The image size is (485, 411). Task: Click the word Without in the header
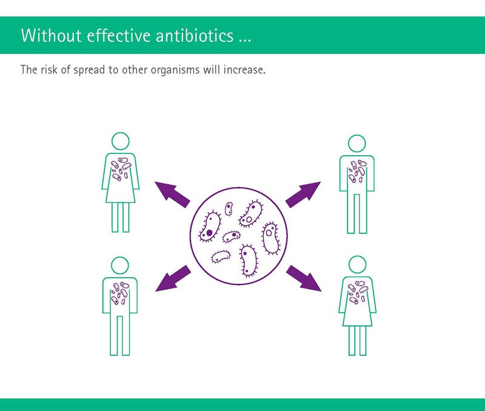tap(52, 35)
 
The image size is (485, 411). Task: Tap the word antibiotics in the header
tap(195, 35)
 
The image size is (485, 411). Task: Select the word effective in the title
tap(119, 35)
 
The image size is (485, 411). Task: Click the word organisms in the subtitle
tap(175, 70)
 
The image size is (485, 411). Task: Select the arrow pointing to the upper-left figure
tap(173, 194)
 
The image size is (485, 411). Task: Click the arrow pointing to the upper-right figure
tap(303, 194)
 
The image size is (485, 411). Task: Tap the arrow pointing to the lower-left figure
tap(173, 278)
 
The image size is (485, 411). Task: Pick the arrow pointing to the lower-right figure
tap(304, 278)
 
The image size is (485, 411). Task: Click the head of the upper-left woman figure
tap(120, 141)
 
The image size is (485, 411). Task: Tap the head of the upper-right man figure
tap(357, 144)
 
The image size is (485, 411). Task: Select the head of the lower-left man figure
tap(119, 266)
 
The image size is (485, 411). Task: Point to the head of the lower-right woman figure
tap(357, 265)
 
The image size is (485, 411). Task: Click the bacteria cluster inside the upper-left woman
tap(121, 169)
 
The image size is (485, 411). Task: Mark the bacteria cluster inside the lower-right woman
tap(358, 292)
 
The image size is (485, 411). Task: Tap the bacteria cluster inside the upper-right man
tap(357, 172)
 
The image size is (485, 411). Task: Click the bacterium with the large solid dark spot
tap(210, 227)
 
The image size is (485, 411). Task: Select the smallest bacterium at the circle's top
tap(229, 209)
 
